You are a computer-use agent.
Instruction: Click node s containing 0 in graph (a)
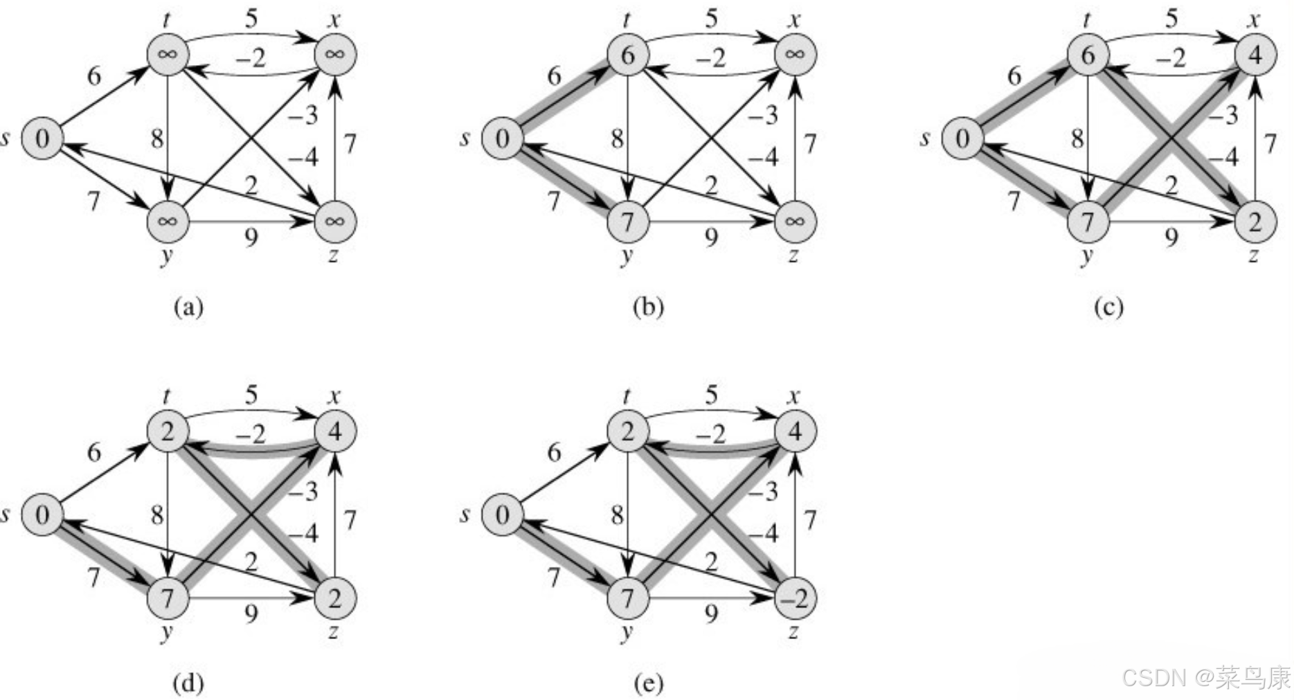[42, 138]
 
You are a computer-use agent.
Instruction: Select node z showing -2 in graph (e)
[795, 598]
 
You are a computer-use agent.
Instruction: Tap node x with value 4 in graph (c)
[1255, 55]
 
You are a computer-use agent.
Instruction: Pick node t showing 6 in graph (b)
[627, 55]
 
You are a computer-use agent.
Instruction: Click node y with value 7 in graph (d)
[168, 598]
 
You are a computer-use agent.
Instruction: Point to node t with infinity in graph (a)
[168, 55]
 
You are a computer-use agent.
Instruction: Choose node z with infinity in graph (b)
[795, 222]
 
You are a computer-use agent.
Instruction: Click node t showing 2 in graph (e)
[627, 431]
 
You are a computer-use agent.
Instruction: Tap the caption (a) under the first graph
[188, 306]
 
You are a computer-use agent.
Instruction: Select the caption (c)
[1108, 306]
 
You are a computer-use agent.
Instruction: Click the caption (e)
[648, 683]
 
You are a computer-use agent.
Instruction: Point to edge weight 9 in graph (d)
[251, 613]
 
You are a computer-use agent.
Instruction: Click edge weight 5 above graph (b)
[711, 19]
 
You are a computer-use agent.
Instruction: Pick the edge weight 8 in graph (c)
[1077, 139]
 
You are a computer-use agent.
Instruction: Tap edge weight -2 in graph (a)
[250, 58]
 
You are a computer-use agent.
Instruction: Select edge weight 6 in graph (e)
[554, 452]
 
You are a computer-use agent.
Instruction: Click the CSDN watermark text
[1205, 677]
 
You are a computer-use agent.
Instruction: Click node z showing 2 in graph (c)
[1255, 222]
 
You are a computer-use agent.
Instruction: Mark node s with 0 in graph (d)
[42, 515]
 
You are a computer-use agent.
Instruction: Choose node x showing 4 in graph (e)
[795, 431]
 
